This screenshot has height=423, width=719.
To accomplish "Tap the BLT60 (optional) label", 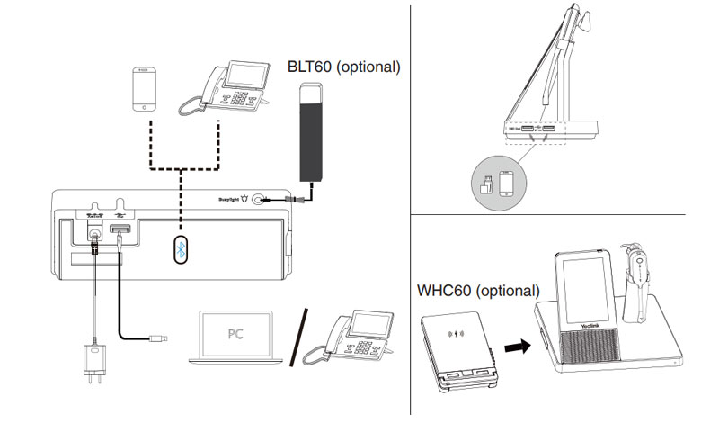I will click(343, 67).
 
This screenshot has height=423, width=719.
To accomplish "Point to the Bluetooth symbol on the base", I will click(181, 251).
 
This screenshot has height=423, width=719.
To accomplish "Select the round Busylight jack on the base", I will click(260, 202).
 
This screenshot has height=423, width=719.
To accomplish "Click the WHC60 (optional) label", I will click(478, 291).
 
